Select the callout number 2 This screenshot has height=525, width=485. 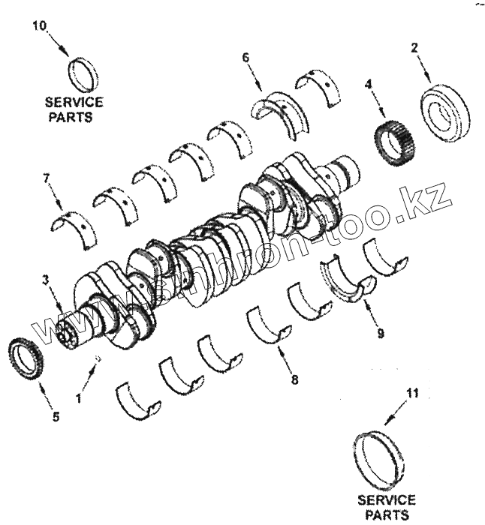pyautogui.click(x=414, y=46)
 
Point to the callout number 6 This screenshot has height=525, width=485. pyautogui.click(x=246, y=58)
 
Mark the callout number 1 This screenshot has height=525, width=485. pyautogui.click(x=79, y=398)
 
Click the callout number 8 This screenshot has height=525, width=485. pyautogui.click(x=294, y=379)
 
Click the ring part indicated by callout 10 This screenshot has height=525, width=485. pyautogui.click(x=83, y=73)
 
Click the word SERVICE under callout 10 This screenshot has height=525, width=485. pyautogui.click(x=74, y=103)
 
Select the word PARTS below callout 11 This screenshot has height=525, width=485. pyautogui.click(x=387, y=514)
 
